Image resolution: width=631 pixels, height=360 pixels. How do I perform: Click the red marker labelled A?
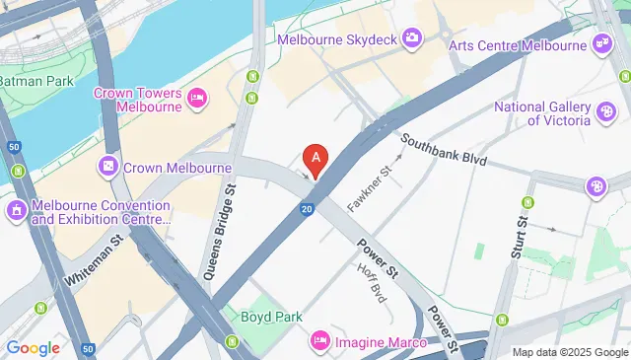pyautogui.click(x=315, y=158)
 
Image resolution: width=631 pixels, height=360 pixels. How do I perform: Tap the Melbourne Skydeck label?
pyautogui.click(x=336, y=39)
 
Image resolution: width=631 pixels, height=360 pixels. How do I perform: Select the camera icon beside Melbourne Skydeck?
pyautogui.click(x=412, y=38)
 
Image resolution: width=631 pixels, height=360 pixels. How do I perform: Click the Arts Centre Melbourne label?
pyautogui.click(x=517, y=44)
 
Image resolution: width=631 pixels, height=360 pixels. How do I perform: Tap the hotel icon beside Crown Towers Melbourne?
pyautogui.click(x=197, y=97)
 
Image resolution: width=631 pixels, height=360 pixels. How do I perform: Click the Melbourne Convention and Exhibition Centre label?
pyautogui.click(x=101, y=211)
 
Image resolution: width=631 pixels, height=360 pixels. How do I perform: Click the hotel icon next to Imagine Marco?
pyautogui.click(x=320, y=341)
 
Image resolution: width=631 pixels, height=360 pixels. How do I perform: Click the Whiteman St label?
pyautogui.click(x=94, y=259)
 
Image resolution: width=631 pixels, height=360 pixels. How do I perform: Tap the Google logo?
pyautogui.click(x=34, y=347)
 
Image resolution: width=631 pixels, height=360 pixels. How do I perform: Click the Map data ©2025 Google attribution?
pyautogui.click(x=570, y=352)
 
